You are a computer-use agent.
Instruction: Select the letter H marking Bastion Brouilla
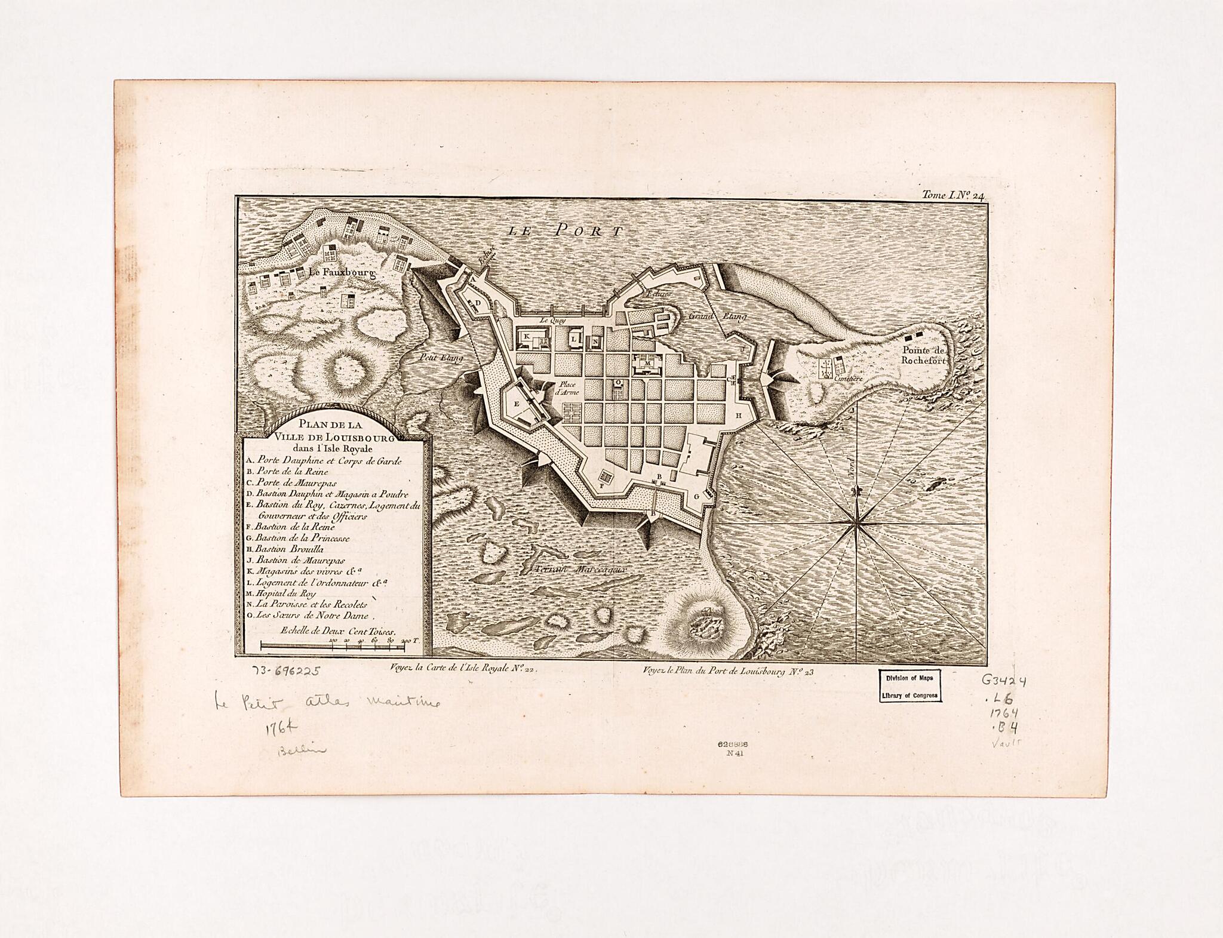pyautogui.click(x=738, y=415)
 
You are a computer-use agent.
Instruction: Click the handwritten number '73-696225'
pyautogui.click(x=285, y=671)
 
